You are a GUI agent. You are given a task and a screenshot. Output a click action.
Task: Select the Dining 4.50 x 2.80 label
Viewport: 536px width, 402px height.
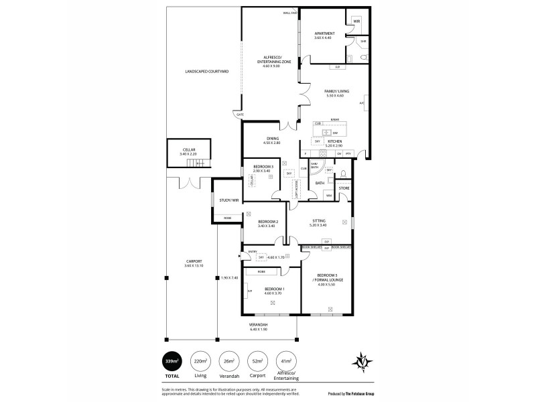coord(271,141)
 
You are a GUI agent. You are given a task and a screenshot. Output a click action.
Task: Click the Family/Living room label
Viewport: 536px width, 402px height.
coord(330,94)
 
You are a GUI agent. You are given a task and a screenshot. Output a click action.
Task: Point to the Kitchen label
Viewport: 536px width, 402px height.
coord(335,142)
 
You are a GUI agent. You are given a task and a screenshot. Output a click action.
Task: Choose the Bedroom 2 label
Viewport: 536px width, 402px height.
coord(267,223)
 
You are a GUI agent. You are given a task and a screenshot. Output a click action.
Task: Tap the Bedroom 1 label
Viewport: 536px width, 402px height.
coord(274,289)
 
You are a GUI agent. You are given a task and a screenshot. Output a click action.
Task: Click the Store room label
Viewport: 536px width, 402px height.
coord(344,188)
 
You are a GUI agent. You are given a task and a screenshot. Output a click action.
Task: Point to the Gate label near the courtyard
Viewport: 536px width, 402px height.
coord(239,115)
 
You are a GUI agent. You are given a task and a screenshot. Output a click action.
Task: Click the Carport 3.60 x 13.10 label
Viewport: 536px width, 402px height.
coord(194,264)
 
